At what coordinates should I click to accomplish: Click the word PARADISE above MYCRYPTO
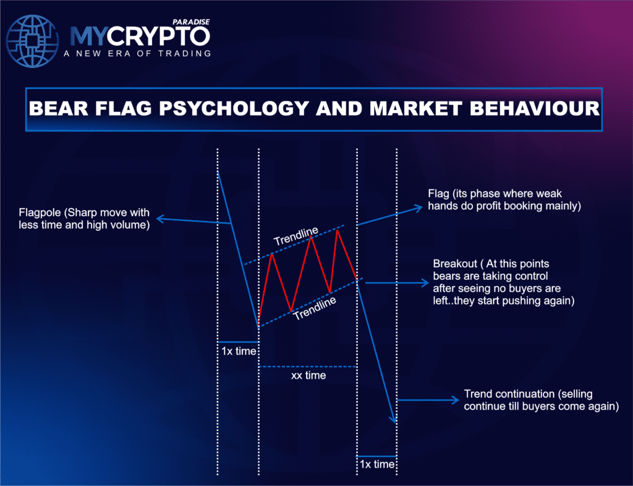[x=192, y=22]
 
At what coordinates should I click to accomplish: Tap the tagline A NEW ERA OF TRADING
[x=137, y=54]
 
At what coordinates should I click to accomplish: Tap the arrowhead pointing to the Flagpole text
[x=159, y=219]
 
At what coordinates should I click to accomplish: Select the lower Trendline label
[x=315, y=307]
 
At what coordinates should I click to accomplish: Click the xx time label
[x=308, y=375]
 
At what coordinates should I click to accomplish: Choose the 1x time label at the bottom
[x=376, y=464]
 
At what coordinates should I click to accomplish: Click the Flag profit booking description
[x=504, y=200]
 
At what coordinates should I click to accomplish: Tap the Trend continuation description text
[x=541, y=400]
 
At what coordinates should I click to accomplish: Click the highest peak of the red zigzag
[x=338, y=230]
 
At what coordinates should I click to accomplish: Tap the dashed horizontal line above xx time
[x=308, y=367]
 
